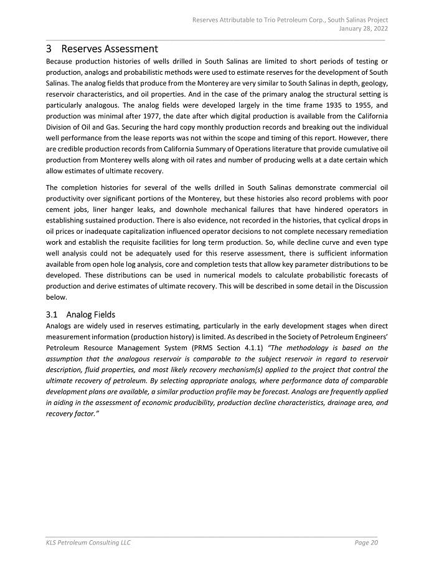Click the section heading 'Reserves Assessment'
click(x=110, y=49)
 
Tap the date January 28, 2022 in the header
click(x=363, y=29)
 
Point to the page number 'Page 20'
click(x=366, y=543)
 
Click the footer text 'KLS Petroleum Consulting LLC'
click(x=88, y=543)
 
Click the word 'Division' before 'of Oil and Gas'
click(x=60, y=127)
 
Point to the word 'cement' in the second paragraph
click(x=59, y=209)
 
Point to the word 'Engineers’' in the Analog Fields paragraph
click(x=369, y=336)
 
